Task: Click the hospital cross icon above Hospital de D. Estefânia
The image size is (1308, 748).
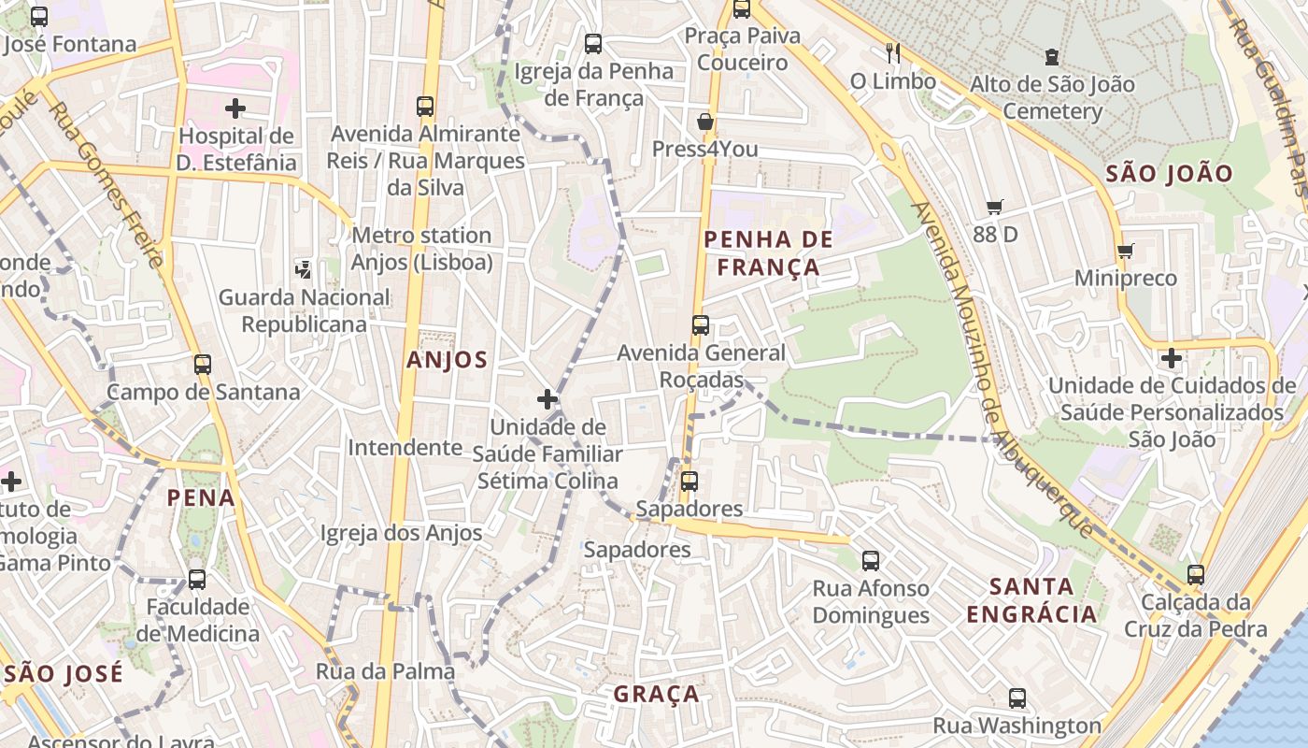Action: coord(235,108)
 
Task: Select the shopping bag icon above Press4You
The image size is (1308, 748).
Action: coord(705,122)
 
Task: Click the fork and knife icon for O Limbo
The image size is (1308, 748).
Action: coord(893,53)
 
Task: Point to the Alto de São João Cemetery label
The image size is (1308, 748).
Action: coord(1052,97)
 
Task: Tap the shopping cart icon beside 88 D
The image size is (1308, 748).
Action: coord(994,207)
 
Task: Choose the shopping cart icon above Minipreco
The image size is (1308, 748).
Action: coord(1125,251)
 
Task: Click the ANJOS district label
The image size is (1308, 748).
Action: coord(447,360)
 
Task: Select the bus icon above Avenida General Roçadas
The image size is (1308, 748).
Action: coord(700,325)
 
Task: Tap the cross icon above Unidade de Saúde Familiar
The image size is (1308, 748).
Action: coord(547,400)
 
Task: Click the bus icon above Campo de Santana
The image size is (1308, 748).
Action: coord(203,364)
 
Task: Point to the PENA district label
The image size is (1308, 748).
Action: coord(201,497)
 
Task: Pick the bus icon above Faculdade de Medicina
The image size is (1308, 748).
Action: coord(197,579)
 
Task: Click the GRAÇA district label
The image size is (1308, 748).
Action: coord(656,694)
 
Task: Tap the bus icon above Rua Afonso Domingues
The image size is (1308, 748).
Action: coord(871,560)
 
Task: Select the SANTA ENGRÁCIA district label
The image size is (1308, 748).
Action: coord(1031,600)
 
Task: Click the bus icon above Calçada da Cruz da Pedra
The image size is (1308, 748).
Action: coord(1196,574)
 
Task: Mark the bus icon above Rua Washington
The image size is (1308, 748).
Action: coord(1017,698)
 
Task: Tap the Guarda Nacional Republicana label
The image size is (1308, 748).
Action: coord(304,310)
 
